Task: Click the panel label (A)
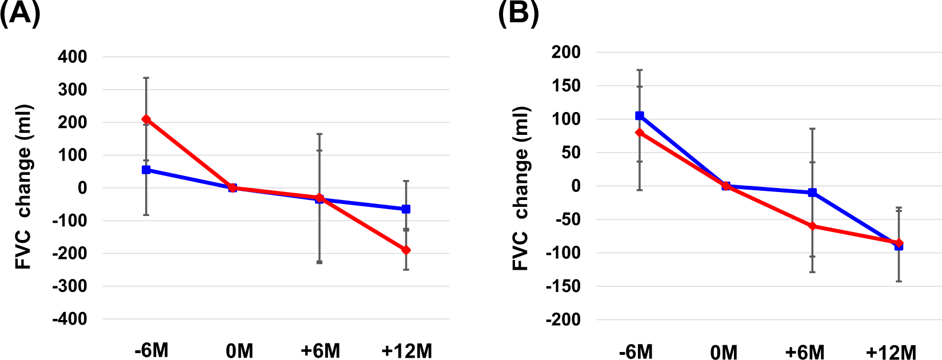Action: [20, 13]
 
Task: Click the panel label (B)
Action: [518, 13]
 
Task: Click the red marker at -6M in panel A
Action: [146, 119]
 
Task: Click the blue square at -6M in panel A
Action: [146, 170]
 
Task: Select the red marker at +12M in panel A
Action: [406, 250]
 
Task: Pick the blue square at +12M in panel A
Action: [406, 209]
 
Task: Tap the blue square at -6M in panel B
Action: [640, 116]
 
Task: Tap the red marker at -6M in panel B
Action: [640, 133]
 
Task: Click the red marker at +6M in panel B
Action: [812, 226]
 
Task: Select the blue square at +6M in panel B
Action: [812, 193]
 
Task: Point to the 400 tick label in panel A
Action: [73, 57]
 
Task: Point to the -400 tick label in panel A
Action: [70, 319]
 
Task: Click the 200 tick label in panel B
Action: [566, 52]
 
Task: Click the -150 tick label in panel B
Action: [563, 286]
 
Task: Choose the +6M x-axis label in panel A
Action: [320, 350]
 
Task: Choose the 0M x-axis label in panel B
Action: [724, 352]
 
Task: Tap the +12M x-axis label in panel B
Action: [891, 352]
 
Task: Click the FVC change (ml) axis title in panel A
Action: [23, 187]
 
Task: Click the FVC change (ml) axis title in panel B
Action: [521, 188]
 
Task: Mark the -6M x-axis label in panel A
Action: [151, 350]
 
